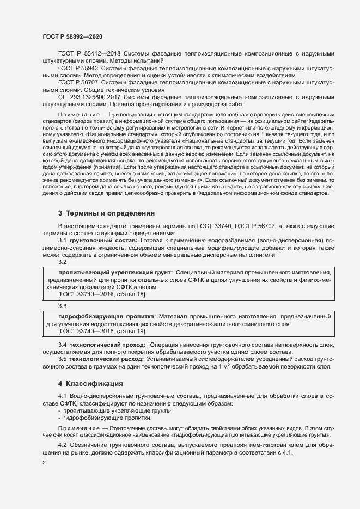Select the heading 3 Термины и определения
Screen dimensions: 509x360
(99, 212)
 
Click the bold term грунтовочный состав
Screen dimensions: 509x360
(103, 240)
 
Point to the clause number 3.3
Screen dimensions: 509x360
(63, 306)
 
